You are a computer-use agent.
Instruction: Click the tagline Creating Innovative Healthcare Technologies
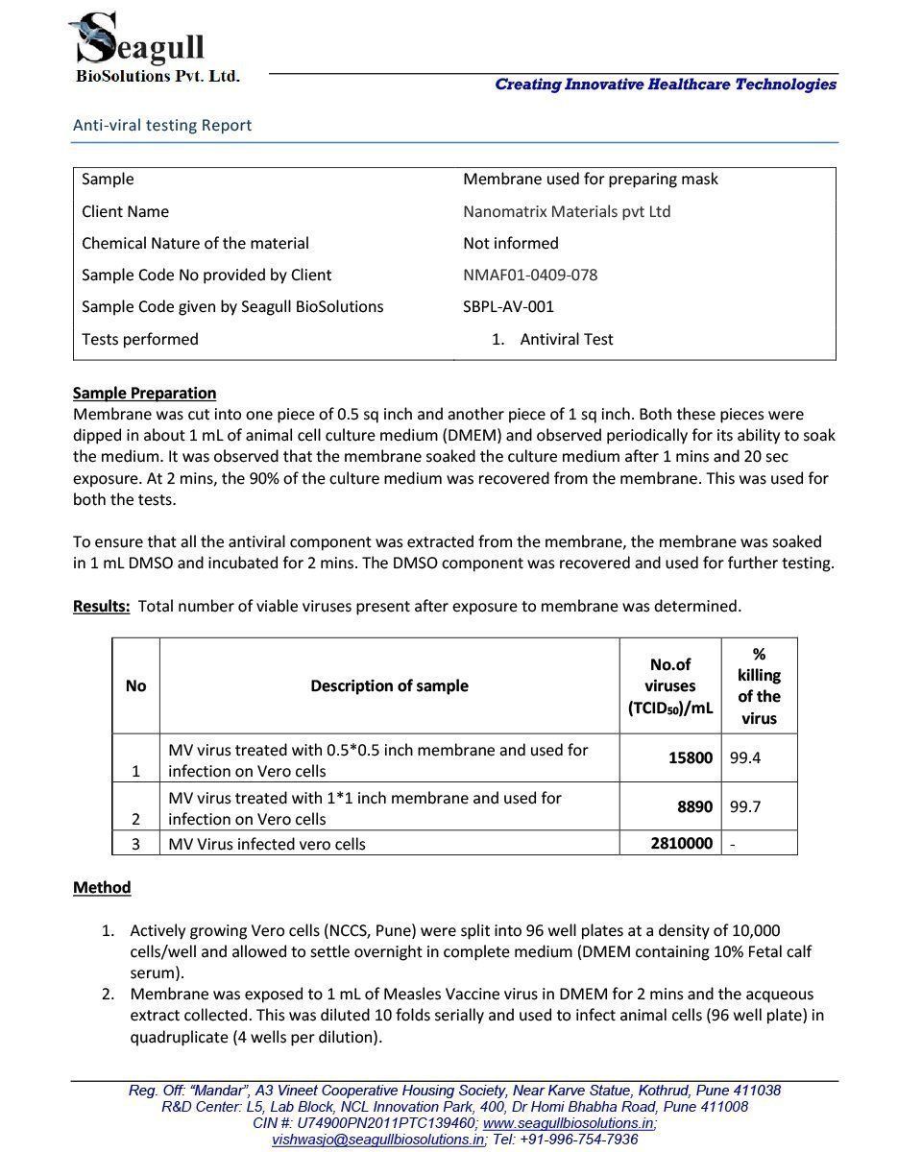pos(666,84)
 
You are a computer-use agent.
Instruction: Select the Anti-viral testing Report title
pos(162,125)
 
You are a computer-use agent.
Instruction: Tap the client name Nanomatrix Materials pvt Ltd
pos(567,211)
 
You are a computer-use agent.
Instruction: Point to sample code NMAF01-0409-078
pos(530,275)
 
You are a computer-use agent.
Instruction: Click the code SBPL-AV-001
pos(508,307)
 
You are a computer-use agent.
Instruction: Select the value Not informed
pos(510,243)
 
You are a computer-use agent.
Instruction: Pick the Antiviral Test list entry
pos(566,339)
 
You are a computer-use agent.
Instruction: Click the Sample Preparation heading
pos(144,393)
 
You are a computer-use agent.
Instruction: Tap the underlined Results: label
pos(102,606)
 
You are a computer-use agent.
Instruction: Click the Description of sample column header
pos(389,685)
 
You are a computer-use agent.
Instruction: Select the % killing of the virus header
pos(759,685)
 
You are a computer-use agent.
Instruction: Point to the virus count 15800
pos(690,758)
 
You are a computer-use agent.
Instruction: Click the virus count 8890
pos(694,806)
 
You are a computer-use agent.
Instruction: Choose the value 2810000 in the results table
pos(681,844)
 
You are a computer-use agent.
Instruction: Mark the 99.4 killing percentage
pos(745,758)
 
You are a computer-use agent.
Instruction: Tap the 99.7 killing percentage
pos(745,806)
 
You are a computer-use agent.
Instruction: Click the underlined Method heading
pos(102,887)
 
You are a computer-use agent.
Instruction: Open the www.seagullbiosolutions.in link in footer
pos(570,1123)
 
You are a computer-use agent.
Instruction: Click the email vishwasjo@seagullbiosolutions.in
pos(377,1140)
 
